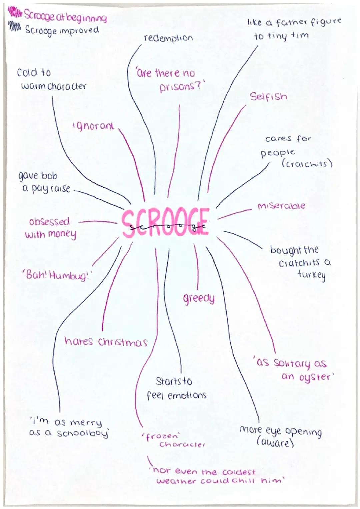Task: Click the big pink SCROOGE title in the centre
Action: click(165, 222)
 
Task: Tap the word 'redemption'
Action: click(168, 38)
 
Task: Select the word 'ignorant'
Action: click(93, 126)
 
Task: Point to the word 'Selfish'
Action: click(268, 97)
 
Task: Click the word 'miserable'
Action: click(281, 206)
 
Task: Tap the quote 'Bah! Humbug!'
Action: click(56, 276)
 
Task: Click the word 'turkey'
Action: click(311, 275)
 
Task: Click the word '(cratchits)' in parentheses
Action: click(307, 164)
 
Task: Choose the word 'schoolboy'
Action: click(83, 433)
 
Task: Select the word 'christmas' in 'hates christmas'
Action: click(123, 342)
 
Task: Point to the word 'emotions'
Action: click(187, 396)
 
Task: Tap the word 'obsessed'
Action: click(49, 222)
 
